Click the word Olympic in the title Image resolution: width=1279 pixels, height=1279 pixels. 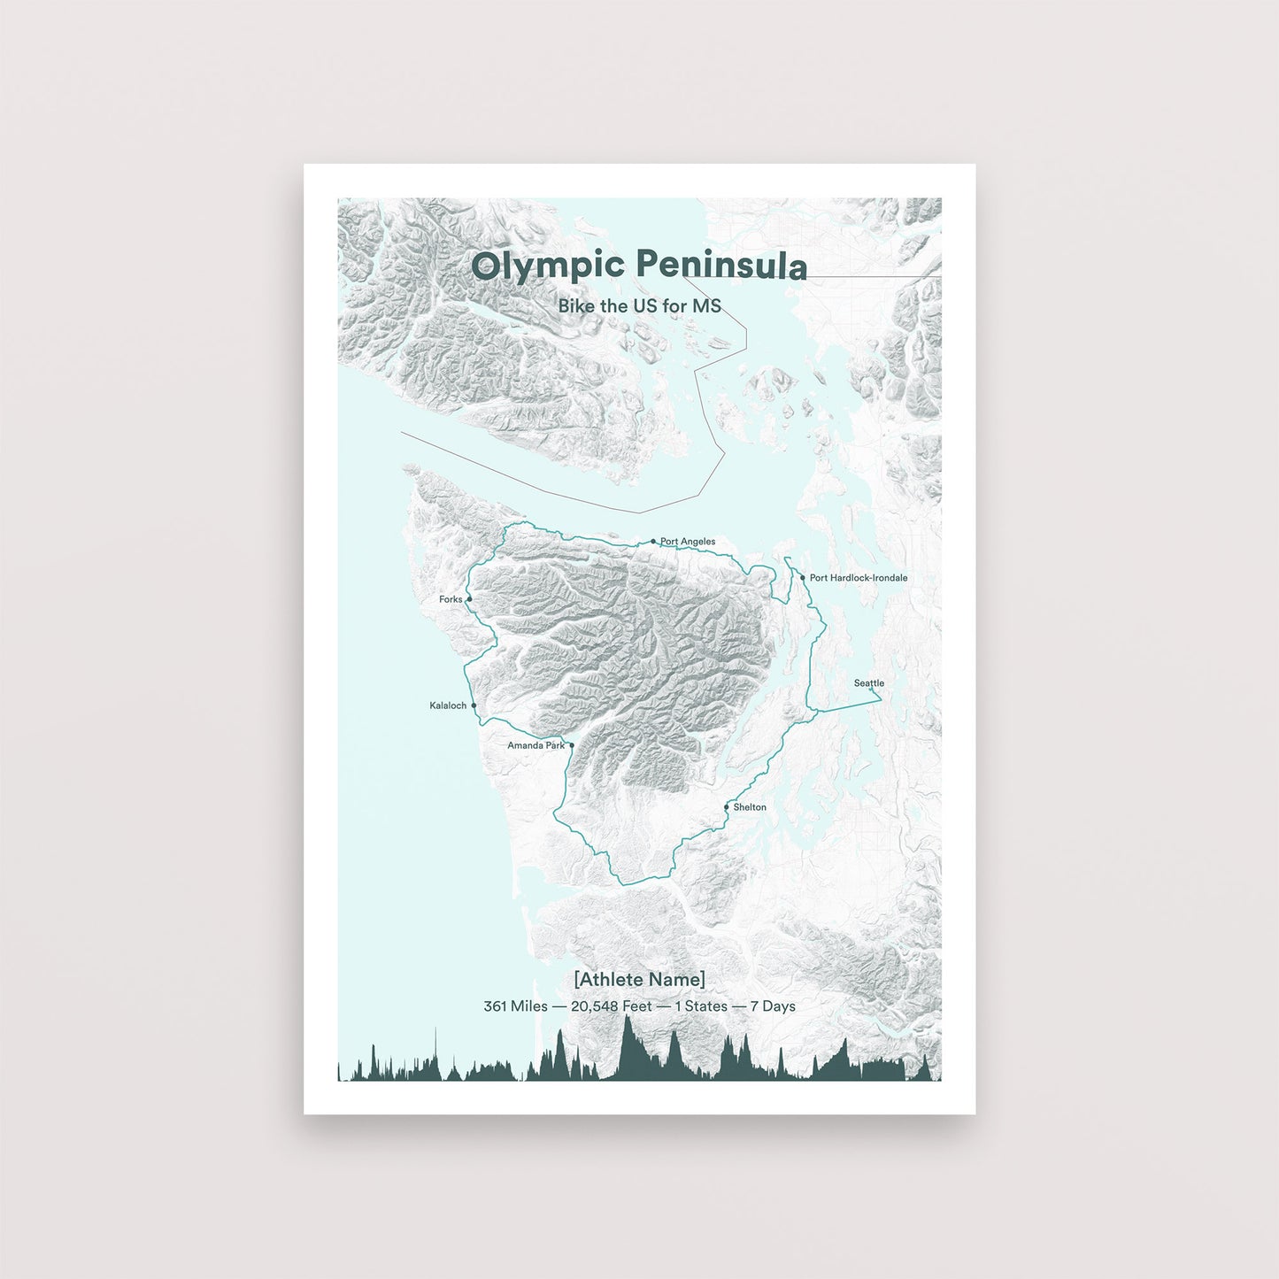click(x=549, y=266)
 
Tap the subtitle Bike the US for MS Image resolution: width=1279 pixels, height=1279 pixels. click(x=639, y=306)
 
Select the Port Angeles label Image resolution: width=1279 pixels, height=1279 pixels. click(x=688, y=542)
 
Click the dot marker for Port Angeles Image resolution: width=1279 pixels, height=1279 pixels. click(x=653, y=542)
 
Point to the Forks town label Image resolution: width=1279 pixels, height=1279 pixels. click(x=451, y=599)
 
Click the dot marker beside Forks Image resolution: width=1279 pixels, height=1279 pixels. click(x=469, y=599)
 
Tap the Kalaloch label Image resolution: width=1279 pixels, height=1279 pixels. click(x=448, y=705)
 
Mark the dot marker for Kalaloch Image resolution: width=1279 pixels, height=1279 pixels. click(x=474, y=705)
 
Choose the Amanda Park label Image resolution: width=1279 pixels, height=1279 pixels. click(x=535, y=745)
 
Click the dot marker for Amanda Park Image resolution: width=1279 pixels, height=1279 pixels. click(x=572, y=745)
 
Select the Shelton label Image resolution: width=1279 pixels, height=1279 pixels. click(x=750, y=807)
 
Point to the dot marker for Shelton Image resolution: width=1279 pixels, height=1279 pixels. click(x=727, y=807)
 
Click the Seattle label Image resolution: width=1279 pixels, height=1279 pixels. click(x=868, y=683)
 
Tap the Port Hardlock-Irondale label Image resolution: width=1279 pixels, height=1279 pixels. click(x=859, y=578)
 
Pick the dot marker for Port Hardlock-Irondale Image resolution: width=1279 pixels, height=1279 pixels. click(x=803, y=578)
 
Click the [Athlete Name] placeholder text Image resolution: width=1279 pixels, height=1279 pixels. click(x=639, y=979)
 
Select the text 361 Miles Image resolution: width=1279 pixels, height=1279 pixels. click(x=515, y=1006)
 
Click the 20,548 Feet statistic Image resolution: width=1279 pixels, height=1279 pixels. click(x=612, y=1006)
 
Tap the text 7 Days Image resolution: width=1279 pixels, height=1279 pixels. click(x=773, y=1006)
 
